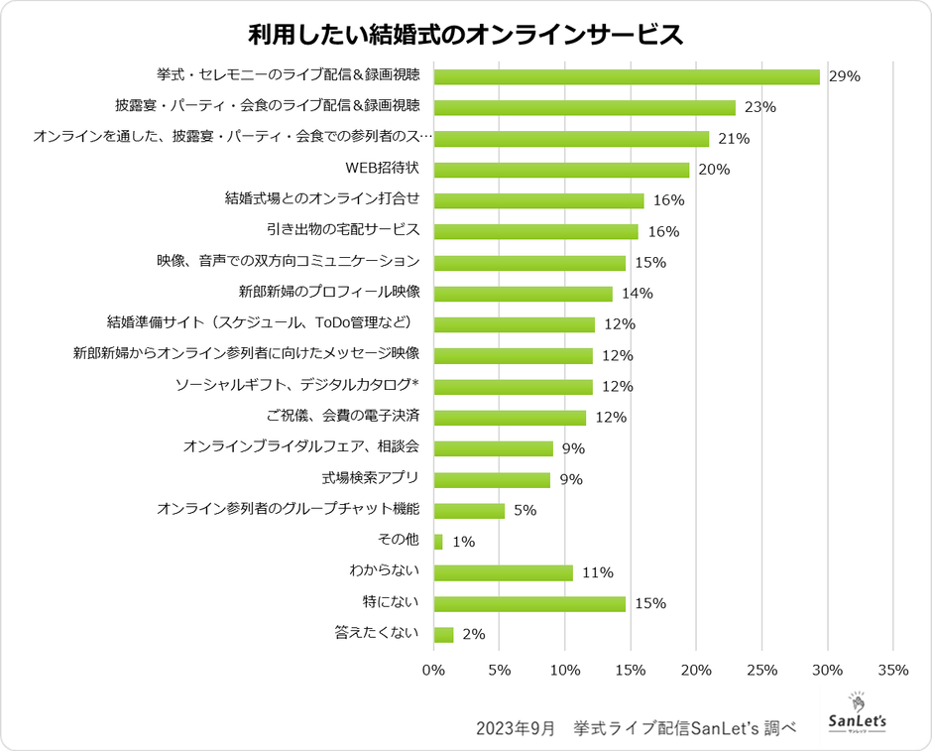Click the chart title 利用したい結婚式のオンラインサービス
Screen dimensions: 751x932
point(465,34)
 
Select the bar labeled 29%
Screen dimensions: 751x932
point(627,76)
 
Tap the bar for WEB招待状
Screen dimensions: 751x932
point(561,170)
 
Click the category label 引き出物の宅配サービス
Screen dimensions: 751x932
point(343,230)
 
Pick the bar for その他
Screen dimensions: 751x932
point(438,542)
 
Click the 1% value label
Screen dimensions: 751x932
point(463,542)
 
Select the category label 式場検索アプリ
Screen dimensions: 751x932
point(369,478)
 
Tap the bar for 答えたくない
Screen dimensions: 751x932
point(443,635)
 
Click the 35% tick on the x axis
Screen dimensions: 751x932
point(892,671)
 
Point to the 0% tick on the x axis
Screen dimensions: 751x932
point(434,671)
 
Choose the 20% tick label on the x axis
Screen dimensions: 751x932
point(696,671)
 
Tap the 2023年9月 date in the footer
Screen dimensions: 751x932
point(516,727)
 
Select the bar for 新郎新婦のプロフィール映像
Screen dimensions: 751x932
point(524,294)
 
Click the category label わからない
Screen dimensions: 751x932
point(385,570)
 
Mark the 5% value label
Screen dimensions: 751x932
point(524,511)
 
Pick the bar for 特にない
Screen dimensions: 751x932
point(529,603)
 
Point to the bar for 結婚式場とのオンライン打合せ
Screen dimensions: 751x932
point(538,200)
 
